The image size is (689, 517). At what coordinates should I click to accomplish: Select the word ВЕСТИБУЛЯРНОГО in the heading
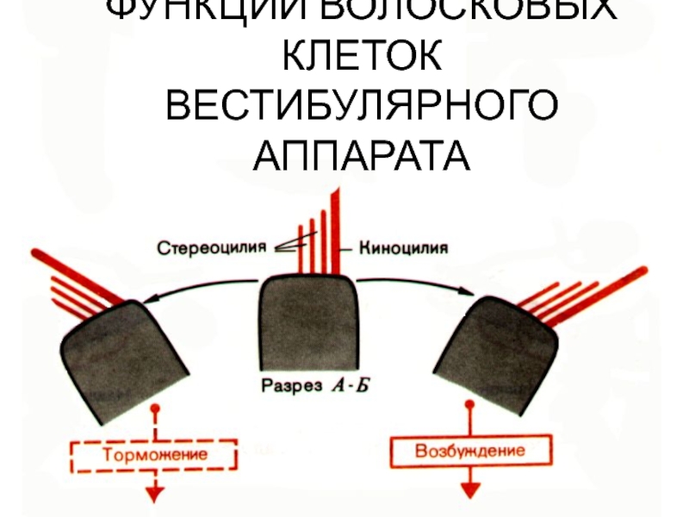[362, 109]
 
